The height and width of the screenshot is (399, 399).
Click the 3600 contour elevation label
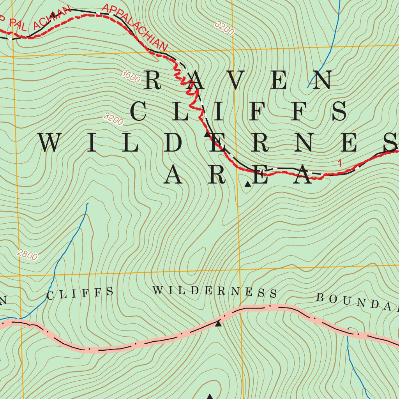(x=131, y=76)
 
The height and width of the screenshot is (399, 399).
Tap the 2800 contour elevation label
(x=28, y=255)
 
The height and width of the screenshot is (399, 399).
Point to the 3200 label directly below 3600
(x=114, y=119)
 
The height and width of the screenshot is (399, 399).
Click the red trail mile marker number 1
(x=340, y=163)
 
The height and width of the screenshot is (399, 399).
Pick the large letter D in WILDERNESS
(x=176, y=143)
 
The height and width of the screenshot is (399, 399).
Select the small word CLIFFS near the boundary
(x=80, y=293)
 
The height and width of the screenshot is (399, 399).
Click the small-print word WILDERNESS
(x=215, y=291)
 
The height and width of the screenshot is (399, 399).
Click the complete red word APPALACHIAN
(x=135, y=27)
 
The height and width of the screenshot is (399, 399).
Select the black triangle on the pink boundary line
(x=218, y=323)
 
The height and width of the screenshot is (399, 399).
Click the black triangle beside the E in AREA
(x=247, y=184)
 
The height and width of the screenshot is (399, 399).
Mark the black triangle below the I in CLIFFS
(x=207, y=134)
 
